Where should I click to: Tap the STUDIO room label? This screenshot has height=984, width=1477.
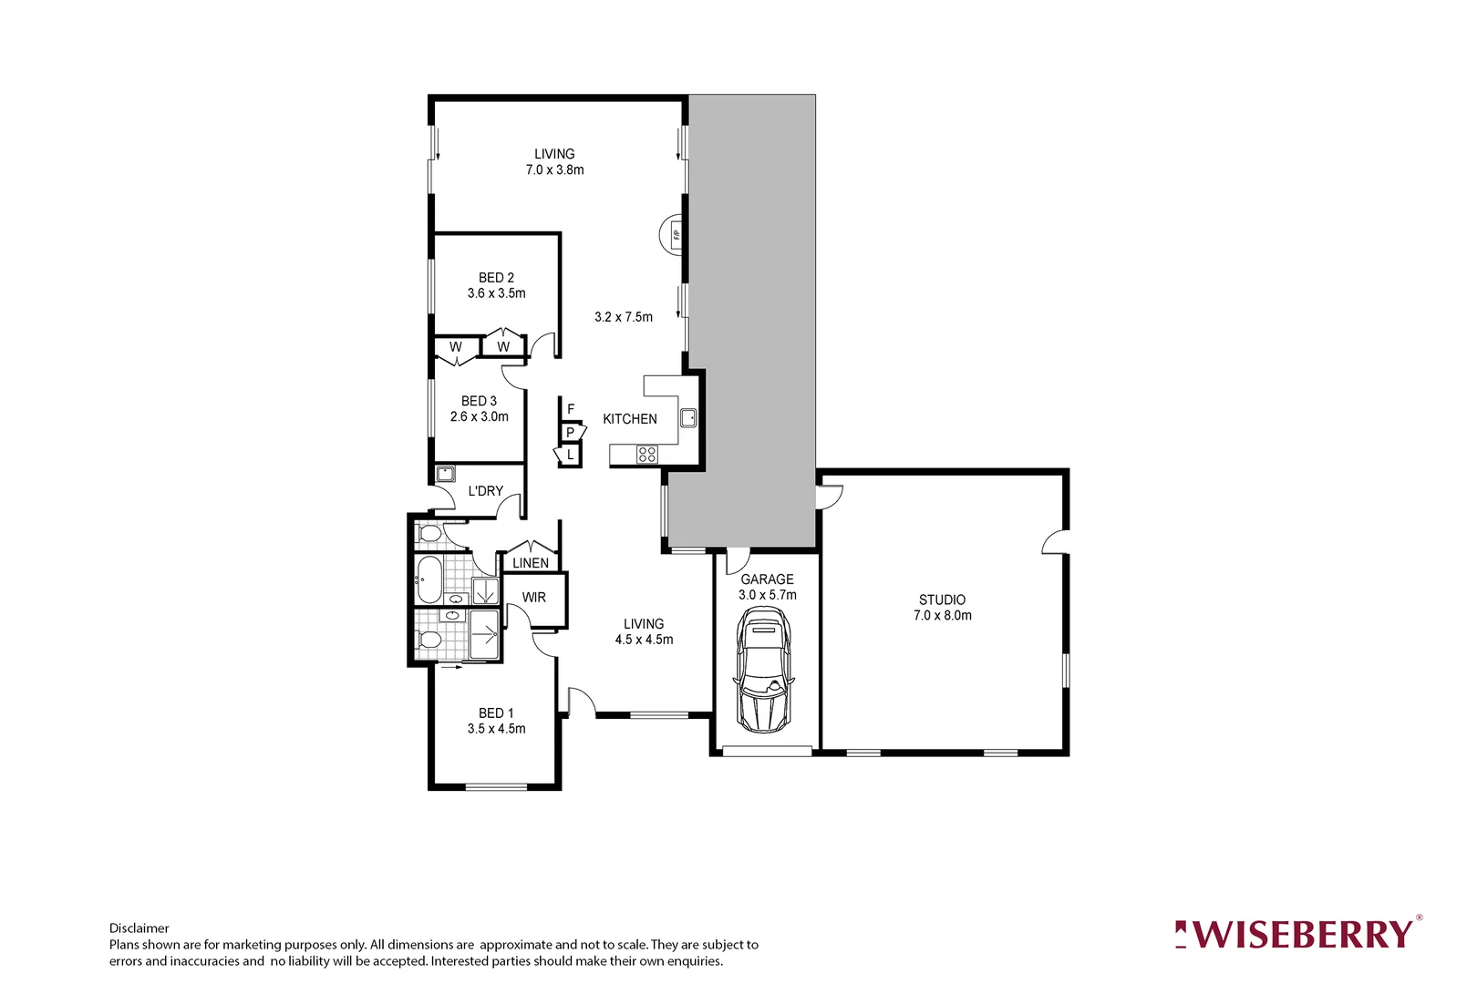coord(942,600)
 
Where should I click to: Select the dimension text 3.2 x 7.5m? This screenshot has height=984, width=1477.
coord(624,317)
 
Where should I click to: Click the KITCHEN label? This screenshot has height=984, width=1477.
coord(629,419)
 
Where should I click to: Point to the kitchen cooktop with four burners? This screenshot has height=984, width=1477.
coord(646,454)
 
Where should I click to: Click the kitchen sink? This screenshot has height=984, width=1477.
coord(688,418)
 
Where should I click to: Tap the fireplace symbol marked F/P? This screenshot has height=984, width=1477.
coord(674,235)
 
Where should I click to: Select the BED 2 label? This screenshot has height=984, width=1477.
coord(496,278)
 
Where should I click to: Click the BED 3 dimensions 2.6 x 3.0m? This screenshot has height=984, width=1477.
coord(480,416)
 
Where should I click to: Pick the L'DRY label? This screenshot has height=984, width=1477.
coord(485,491)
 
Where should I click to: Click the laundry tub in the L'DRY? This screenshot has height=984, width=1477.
coord(445,474)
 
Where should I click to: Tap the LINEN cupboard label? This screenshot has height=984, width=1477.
coord(531,563)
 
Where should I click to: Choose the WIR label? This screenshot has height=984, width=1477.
coord(534,598)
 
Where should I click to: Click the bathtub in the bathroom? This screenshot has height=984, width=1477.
coord(429,579)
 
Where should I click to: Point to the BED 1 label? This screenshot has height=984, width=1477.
coord(496,713)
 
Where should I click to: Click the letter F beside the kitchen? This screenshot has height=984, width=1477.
coord(571,409)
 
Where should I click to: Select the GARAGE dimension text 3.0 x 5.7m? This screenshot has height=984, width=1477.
coord(767,595)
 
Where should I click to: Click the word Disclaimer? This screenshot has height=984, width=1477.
coord(139,928)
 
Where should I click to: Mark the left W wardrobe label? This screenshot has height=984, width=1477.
coord(455,347)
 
